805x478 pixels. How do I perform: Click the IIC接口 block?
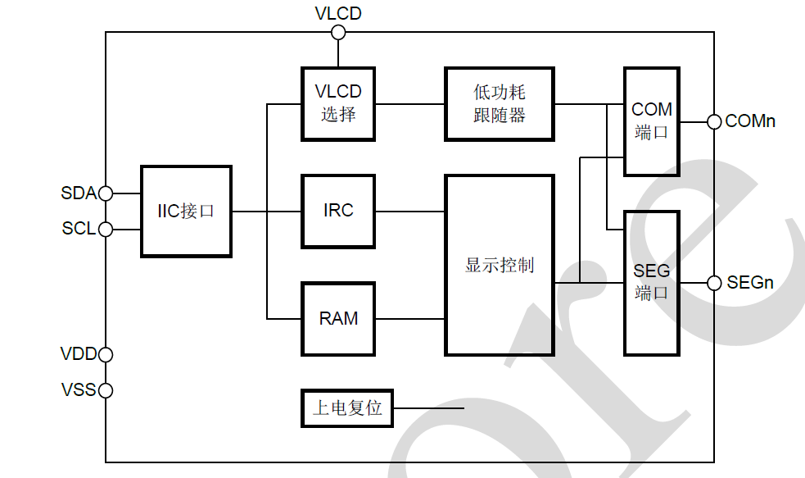pyautogui.click(x=186, y=211)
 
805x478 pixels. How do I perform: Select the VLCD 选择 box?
pyautogui.click(x=338, y=104)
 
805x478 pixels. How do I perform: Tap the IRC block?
pyautogui.click(x=338, y=211)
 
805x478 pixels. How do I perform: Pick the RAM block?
pyautogui.click(x=338, y=318)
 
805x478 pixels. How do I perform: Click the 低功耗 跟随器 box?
pyautogui.click(x=499, y=104)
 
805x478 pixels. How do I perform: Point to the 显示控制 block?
pyautogui.click(x=499, y=265)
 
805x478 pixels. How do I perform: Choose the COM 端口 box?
pyautogui.click(x=652, y=121)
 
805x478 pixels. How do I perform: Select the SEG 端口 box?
pyautogui.click(x=652, y=283)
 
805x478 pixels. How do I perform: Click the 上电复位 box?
pyautogui.click(x=347, y=407)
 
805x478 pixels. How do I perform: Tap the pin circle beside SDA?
pyautogui.click(x=106, y=193)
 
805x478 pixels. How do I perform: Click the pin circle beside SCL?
pyautogui.click(x=106, y=230)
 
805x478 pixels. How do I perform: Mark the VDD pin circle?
pyautogui.click(x=106, y=354)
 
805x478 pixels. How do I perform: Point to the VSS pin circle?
pyautogui.click(x=106, y=390)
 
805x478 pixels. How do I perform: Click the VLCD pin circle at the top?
pyautogui.click(x=338, y=32)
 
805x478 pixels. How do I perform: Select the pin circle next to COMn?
pyautogui.click(x=713, y=121)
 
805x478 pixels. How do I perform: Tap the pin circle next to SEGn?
pyautogui.click(x=713, y=283)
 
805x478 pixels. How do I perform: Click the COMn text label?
pyautogui.click(x=750, y=121)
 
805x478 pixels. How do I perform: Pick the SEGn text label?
pyautogui.click(x=750, y=283)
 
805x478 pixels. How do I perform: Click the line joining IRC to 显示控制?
pyautogui.click(x=409, y=212)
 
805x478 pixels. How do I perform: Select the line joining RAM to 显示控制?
pyautogui.click(x=409, y=318)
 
